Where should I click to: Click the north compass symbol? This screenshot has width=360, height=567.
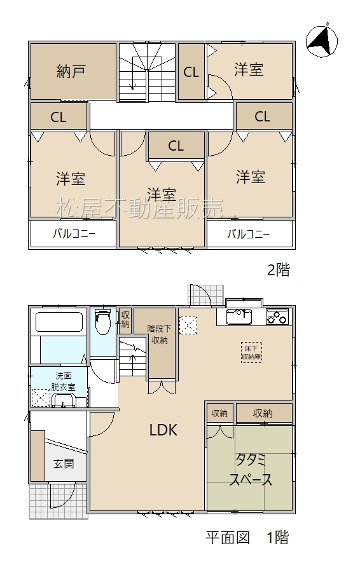tap(321, 41)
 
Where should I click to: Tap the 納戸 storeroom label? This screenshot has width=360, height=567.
tap(71, 71)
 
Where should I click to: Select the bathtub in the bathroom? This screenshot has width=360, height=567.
tap(59, 322)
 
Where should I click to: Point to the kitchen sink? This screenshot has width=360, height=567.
tap(239, 317)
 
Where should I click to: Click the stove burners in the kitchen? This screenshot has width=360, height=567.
tap(277, 317)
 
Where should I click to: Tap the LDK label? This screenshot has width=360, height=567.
tap(163, 430)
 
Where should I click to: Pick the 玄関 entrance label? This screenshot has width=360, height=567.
tap(64, 463)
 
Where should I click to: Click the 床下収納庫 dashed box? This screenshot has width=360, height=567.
tap(251, 353)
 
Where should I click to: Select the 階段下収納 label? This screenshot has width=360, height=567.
tap(159, 334)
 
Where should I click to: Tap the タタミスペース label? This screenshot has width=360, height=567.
tap(251, 470)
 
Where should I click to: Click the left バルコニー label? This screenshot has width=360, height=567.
tap(74, 233)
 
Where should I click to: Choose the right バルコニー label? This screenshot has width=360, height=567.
tap(249, 235)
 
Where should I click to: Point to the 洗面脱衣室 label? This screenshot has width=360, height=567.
tap(63, 381)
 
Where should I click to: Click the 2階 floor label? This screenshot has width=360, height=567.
tap(279, 270)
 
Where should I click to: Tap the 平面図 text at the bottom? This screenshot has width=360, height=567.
tap(228, 538)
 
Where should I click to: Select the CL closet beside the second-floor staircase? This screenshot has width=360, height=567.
tap(191, 72)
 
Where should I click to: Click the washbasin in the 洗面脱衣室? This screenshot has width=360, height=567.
tap(64, 400)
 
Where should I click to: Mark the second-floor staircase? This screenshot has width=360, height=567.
tap(147, 71)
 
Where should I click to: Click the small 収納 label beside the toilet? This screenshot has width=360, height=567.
tap(125, 319)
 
